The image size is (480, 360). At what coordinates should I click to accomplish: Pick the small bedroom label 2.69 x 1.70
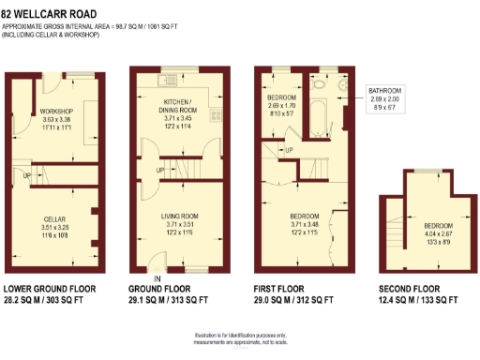click(282, 106)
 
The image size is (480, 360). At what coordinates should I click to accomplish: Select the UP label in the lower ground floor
click(27, 175)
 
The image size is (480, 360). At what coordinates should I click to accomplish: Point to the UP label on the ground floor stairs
click(160, 170)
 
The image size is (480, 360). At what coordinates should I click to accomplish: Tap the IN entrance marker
click(158, 279)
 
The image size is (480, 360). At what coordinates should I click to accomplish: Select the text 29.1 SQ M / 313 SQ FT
click(174, 301)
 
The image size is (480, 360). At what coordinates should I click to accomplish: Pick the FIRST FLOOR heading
click(283, 289)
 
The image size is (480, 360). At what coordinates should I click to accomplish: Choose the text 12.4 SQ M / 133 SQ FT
click(418, 301)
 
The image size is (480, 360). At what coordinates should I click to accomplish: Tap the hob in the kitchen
click(216, 117)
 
